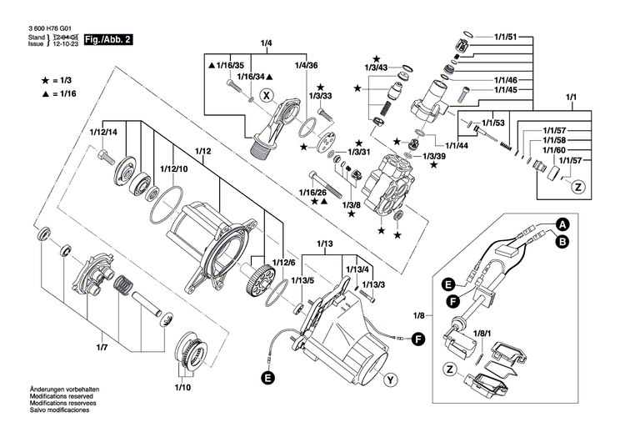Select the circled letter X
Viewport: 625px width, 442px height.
[267, 95]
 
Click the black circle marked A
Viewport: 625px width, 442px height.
[562, 224]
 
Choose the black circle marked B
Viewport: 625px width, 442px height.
[562, 241]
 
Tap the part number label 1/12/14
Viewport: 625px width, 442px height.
[103, 132]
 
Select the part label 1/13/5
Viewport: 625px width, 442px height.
[302, 280]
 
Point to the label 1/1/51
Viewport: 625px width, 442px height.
[506, 38]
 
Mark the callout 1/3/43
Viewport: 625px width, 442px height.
[376, 68]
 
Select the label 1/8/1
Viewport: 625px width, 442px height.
[481, 334]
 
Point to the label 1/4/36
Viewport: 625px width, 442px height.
[306, 65]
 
